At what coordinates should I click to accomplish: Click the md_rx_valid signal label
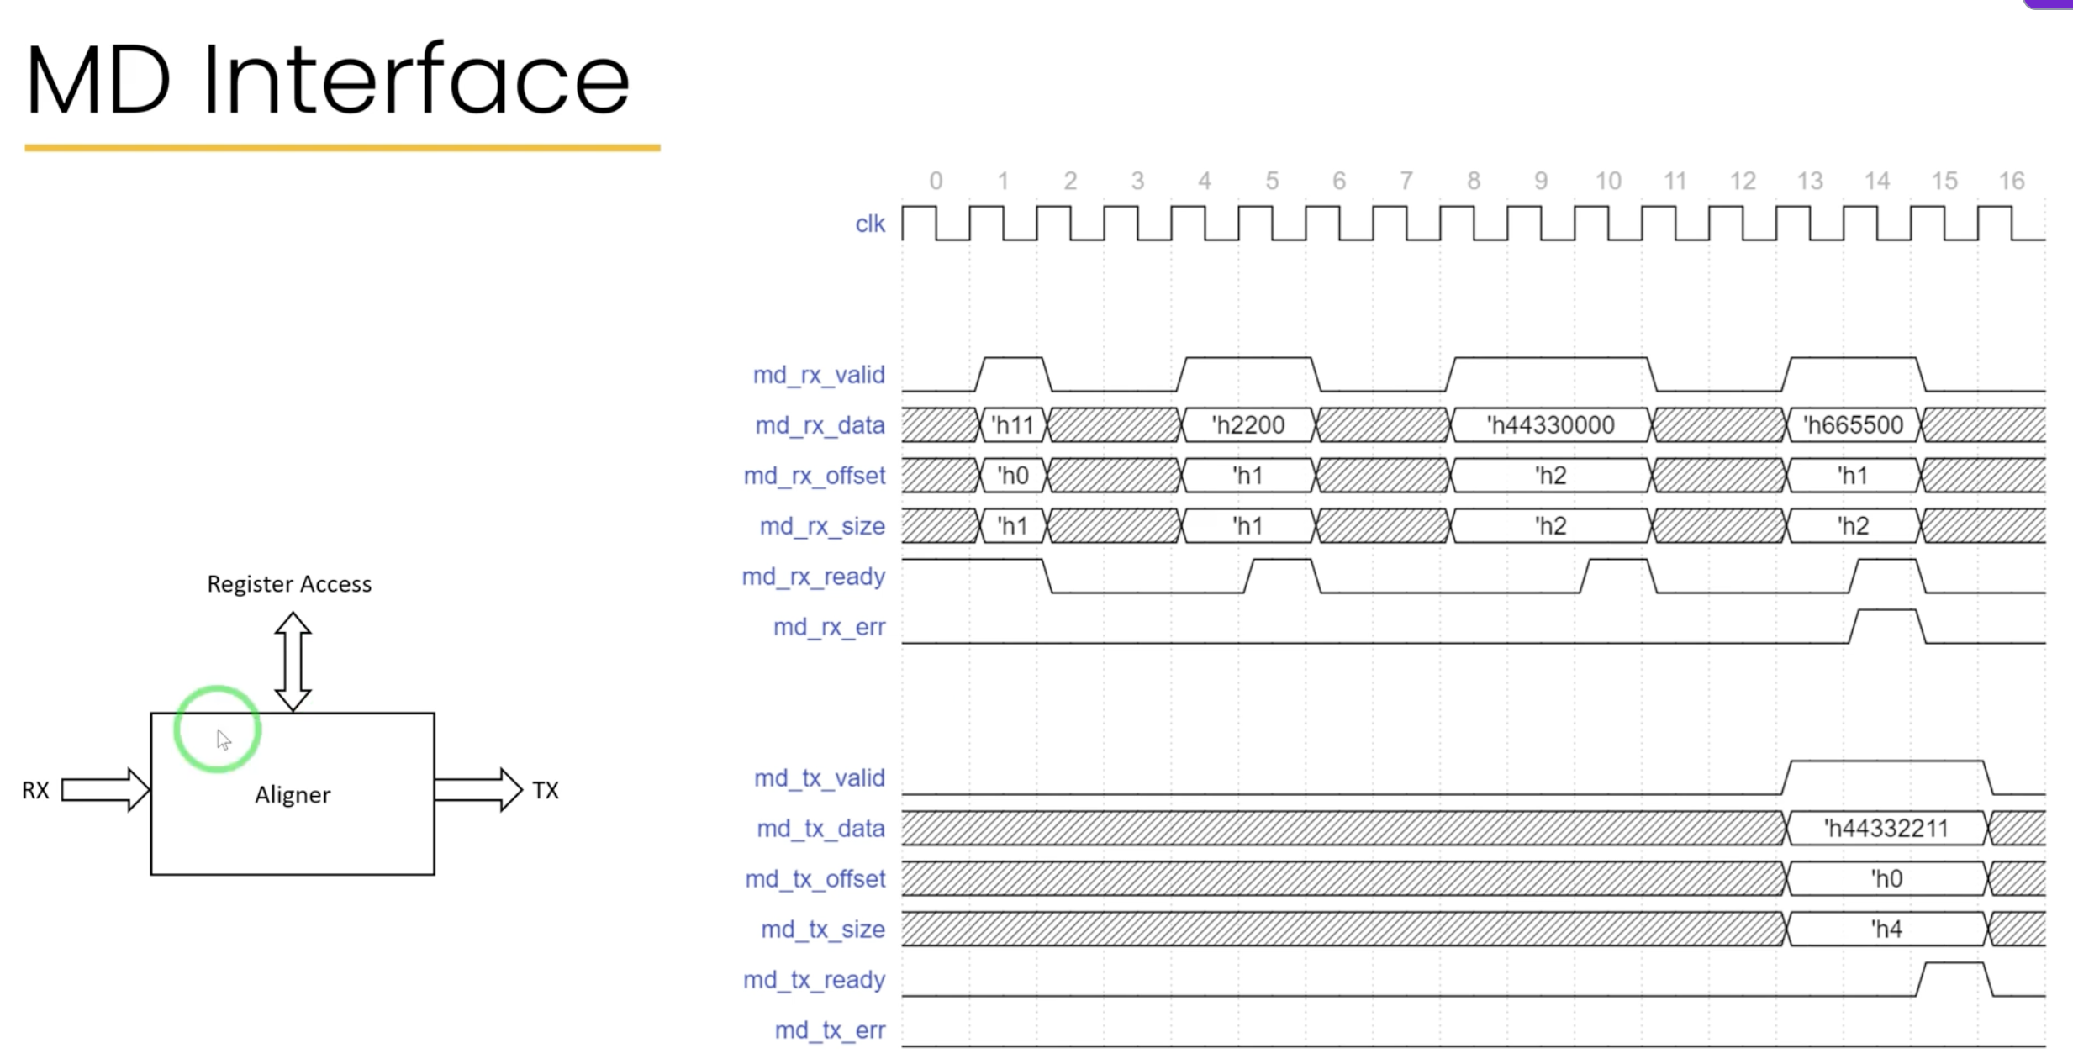tap(819, 375)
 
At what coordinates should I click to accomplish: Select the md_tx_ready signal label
tap(814, 980)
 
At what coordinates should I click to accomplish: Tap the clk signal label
tap(870, 224)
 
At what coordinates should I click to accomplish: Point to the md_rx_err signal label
tap(829, 627)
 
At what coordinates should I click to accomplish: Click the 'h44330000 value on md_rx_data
tap(1551, 425)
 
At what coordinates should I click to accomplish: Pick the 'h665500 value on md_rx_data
tap(1854, 425)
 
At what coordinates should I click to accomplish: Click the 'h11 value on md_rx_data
tap(1013, 425)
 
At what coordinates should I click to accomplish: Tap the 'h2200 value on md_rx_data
tap(1248, 425)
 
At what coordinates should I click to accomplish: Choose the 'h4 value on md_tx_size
tap(1886, 930)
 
